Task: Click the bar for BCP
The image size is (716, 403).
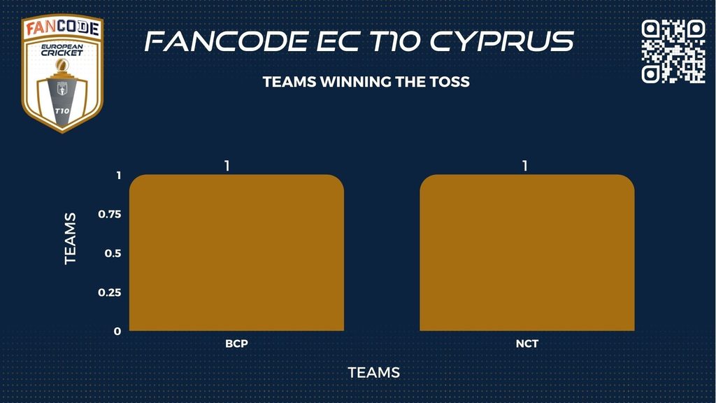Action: tap(236, 253)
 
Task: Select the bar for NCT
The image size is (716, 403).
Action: tap(527, 253)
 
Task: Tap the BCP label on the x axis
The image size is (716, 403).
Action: tap(236, 344)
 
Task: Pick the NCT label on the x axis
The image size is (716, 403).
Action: tap(527, 344)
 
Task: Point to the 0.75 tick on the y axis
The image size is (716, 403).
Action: tap(110, 214)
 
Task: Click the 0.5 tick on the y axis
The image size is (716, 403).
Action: tap(113, 253)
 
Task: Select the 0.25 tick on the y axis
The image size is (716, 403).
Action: tap(110, 292)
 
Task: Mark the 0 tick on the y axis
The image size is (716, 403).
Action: tap(117, 331)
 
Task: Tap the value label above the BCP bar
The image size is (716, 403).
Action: tap(227, 165)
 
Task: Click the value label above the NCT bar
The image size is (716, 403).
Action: tap(524, 165)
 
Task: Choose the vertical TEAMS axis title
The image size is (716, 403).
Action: tap(70, 239)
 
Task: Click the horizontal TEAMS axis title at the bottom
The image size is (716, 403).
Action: tap(374, 372)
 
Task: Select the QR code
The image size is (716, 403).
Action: tap(673, 51)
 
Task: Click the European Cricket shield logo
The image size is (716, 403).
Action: tap(62, 73)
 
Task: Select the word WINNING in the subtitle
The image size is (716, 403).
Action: tap(355, 82)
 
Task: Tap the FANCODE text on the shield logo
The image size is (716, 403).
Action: tap(62, 28)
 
